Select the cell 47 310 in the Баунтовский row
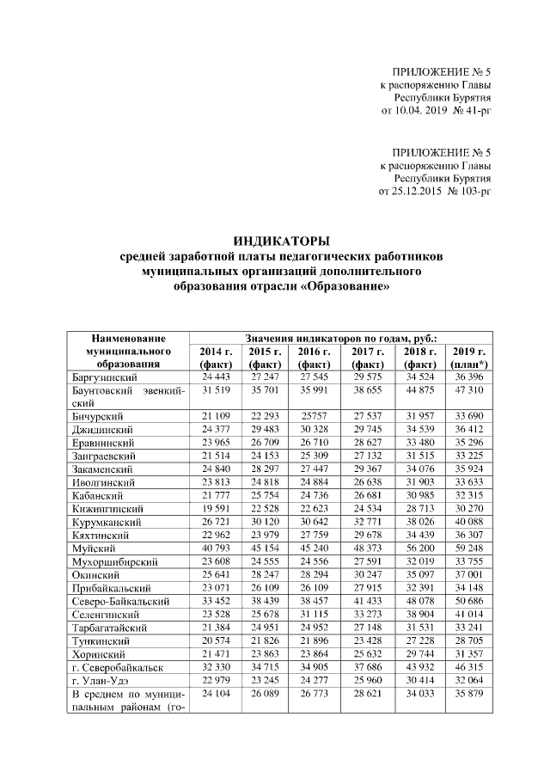pyautogui.click(x=469, y=390)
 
